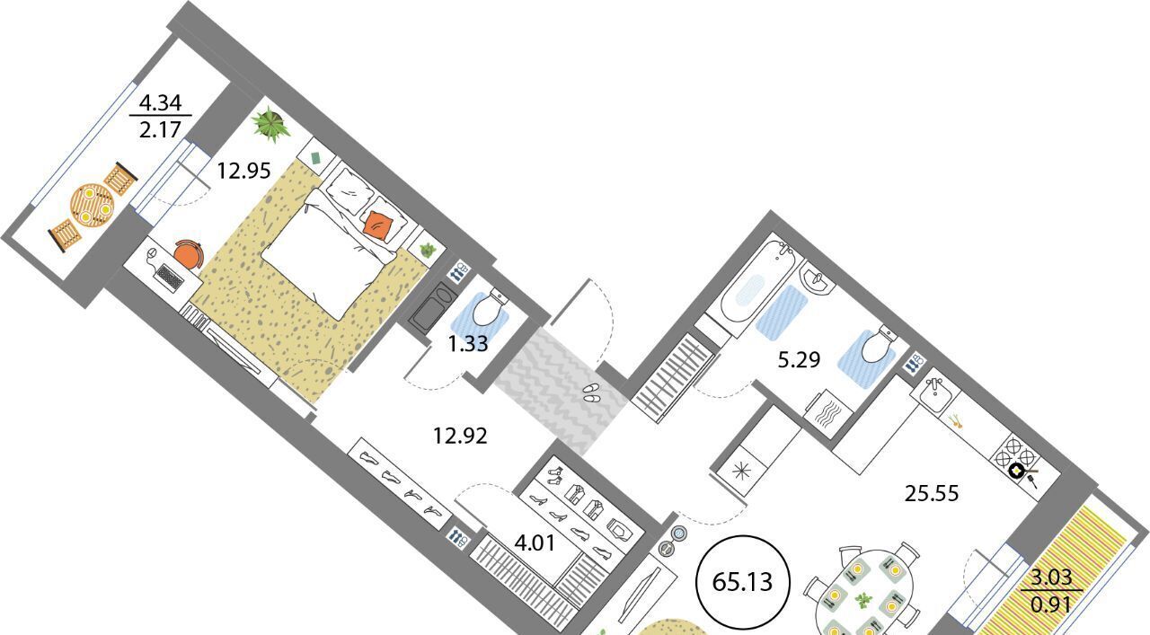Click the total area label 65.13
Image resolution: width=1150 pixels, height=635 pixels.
pyautogui.click(x=742, y=582)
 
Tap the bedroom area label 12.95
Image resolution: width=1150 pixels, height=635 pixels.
pyautogui.click(x=243, y=171)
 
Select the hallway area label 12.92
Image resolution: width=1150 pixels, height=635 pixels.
pyautogui.click(x=460, y=436)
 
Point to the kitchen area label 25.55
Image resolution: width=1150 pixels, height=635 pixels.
pyautogui.click(x=932, y=493)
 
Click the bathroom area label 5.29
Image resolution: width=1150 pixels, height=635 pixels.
pyautogui.click(x=799, y=360)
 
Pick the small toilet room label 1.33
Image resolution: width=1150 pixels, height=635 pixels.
pyautogui.click(x=468, y=343)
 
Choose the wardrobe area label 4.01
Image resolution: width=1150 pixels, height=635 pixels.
pyautogui.click(x=535, y=542)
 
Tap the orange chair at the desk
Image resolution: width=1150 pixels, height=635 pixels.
pyautogui.click(x=189, y=253)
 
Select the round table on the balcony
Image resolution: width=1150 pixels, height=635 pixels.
pyautogui.click(x=93, y=205)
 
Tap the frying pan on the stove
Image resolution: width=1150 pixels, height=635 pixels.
pyautogui.click(x=1019, y=470)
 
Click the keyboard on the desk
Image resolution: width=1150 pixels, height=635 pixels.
pyautogui.click(x=170, y=278)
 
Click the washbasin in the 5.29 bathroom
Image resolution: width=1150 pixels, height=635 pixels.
pyautogui.click(x=816, y=279)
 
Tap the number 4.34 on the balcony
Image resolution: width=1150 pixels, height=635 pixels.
pyautogui.click(x=160, y=103)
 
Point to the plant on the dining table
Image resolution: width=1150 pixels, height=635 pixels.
pyautogui.click(x=864, y=600)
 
